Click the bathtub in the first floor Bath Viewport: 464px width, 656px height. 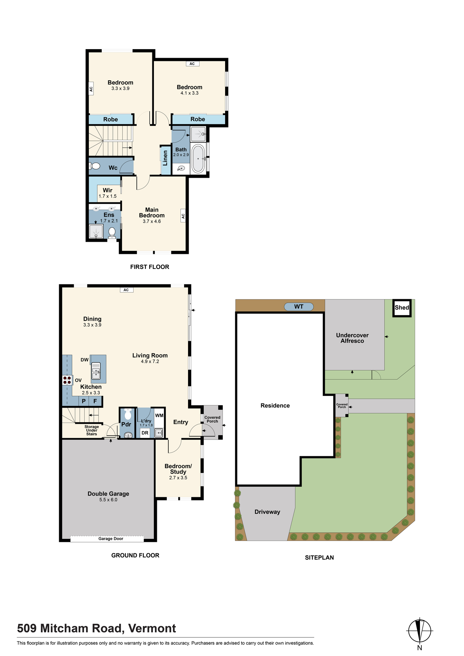[x=198, y=159]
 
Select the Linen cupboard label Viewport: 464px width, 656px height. [x=165, y=158]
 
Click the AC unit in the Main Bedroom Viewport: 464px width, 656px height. [x=183, y=216]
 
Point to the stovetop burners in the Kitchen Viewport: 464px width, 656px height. [x=67, y=380]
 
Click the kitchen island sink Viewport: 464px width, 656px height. [x=96, y=371]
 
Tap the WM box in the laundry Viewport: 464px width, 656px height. [x=159, y=416]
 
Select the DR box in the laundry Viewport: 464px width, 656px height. [x=145, y=433]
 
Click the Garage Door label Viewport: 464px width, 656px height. [x=111, y=539]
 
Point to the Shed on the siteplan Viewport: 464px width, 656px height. [x=402, y=308]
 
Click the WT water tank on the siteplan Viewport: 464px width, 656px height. [x=299, y=307]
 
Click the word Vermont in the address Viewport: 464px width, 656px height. [x=152, y=628]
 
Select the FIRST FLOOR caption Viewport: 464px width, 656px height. [x=150, y=267]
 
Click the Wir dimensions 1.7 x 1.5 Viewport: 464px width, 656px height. [x=108, y=196]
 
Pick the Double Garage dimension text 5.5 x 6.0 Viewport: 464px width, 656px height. [x=108, y=500]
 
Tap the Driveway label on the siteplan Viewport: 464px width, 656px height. [x=267, y=512]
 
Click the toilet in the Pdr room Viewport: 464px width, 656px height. [x=128, y=415]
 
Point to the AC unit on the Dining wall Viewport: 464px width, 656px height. [x=126, y=290]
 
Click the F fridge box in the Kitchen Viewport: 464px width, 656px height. [x=95, y=401]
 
